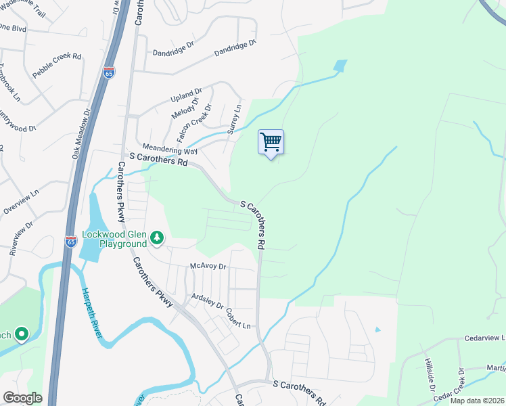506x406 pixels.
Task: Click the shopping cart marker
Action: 271,143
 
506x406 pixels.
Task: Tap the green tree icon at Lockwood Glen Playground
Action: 157,238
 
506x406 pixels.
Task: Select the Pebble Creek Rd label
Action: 57,64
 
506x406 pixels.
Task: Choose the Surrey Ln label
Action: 235,118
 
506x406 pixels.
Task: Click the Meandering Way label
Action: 170,150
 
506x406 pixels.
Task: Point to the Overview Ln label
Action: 18,202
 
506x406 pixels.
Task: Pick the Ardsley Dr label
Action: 207,299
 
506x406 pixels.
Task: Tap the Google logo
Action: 22,398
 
